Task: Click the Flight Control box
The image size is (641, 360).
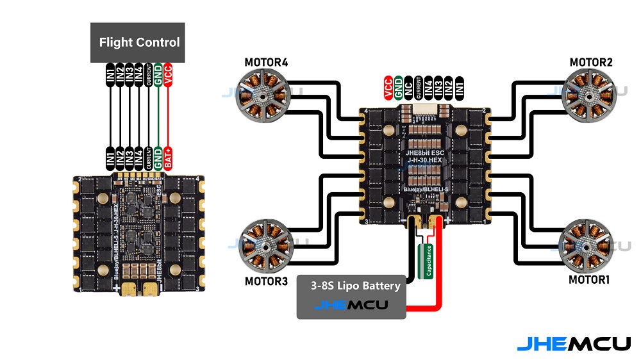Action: [x=137, y=43]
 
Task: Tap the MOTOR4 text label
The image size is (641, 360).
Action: [x=266, y=62]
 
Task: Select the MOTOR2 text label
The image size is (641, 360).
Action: [x=591, y=62]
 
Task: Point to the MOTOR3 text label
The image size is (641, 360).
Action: [x=266, y=281]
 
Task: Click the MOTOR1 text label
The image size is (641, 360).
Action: [x=589, y=280]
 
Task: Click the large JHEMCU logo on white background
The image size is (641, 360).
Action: [x=574, y=343]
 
